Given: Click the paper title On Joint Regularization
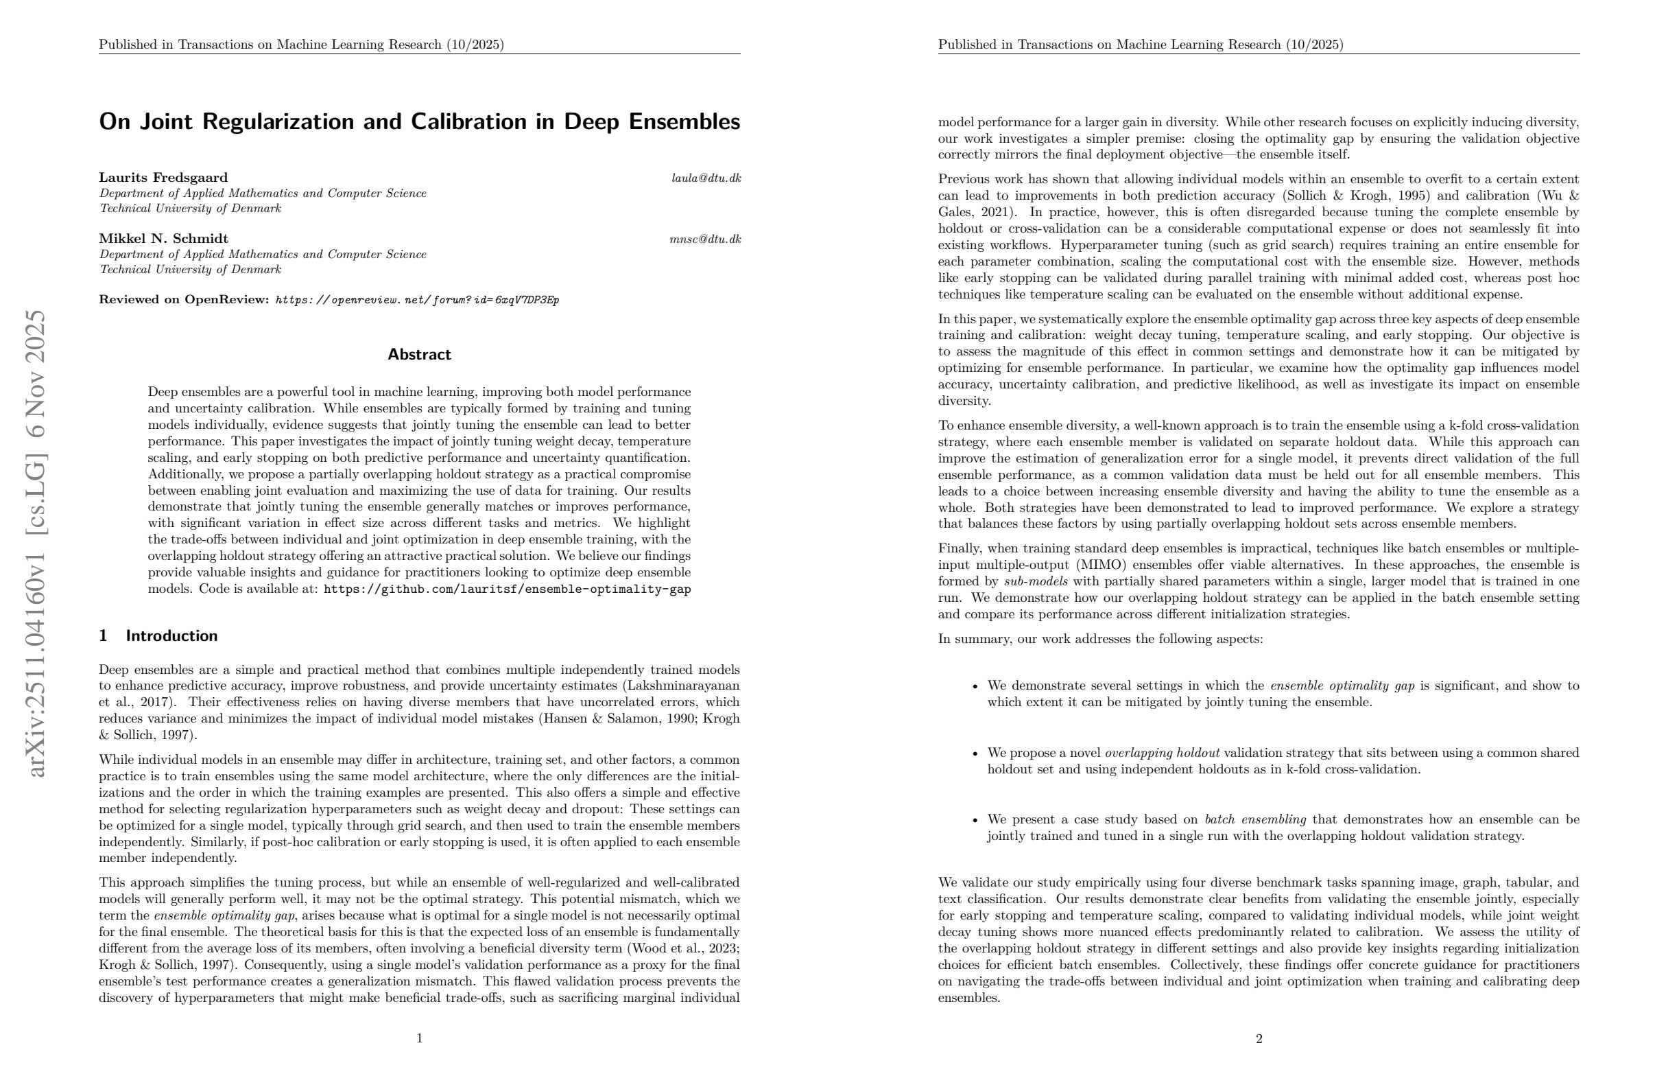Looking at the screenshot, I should pos(419,121).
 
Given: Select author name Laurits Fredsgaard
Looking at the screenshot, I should pos(163,178).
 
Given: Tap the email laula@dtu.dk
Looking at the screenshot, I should pos(706,178).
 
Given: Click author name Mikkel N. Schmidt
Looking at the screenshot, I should pos(163,239).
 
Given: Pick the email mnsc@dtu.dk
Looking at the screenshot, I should pos(705,239).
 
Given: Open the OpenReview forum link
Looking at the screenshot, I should pos(416,300).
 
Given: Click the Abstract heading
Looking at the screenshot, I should pos(419,354).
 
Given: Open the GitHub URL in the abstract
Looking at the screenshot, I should pos(507,589).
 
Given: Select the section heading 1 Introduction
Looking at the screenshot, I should pos(158,636).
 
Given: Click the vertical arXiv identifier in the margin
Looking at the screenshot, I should pos(35,543).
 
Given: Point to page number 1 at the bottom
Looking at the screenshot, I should pos(420,1038).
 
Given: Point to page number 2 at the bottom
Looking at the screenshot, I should pos(1259,1039).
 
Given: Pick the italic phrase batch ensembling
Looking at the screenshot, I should pos(1255,819).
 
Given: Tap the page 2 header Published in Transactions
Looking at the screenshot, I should pos(1140,45).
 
